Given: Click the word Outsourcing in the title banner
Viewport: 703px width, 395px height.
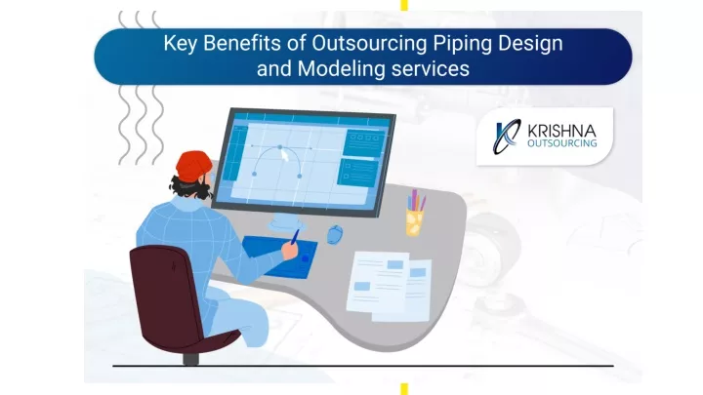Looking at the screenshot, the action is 369,44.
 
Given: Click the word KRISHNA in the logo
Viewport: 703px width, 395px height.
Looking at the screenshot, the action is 561,131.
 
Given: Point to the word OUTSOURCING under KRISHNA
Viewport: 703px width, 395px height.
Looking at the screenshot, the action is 561,143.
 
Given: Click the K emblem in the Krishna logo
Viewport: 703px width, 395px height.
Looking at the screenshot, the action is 507,137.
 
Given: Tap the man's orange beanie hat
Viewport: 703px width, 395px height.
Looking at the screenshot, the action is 193,166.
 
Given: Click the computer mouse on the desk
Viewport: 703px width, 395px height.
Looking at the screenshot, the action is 335,234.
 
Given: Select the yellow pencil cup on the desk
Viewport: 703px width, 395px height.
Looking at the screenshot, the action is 415,221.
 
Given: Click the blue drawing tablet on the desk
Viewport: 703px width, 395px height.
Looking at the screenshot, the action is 281,256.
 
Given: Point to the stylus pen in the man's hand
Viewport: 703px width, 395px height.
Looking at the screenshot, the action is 295,237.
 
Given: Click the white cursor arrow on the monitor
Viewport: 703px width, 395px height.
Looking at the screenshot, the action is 284,155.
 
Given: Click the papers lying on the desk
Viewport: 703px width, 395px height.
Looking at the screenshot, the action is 390,286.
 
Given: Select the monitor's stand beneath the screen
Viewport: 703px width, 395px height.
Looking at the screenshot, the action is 286,222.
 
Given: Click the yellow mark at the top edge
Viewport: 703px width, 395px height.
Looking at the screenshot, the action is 404,5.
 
